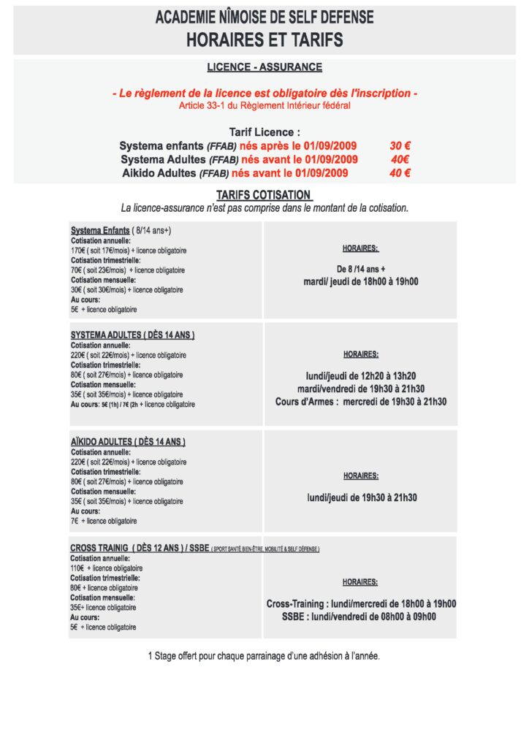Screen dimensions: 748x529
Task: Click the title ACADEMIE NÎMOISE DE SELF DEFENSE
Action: (264, 18)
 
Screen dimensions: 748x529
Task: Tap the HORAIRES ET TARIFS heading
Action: (264, 39)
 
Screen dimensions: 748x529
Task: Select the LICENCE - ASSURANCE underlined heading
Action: (264, 67)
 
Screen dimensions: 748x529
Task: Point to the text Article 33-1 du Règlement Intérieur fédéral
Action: (264, 105)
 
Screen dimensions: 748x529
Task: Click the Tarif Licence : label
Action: (264, 131)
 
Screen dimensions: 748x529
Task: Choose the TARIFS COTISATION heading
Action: (264, 195)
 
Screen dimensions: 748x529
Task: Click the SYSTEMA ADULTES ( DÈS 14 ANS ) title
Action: (132, 335)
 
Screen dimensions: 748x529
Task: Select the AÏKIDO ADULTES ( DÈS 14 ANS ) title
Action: (128, 442)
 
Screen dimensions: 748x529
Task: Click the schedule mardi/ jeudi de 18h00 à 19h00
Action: (361, 281)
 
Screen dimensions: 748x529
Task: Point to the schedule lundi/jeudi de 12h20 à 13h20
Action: (361, 375)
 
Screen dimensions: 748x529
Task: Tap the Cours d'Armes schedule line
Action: (361, 402)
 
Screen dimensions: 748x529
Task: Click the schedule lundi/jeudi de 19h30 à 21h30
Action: (361, 497)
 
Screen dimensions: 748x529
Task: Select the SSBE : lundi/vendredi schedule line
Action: (359, 617)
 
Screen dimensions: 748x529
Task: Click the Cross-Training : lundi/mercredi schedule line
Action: (361, 604)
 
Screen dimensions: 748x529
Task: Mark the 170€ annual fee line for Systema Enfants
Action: (129, 251)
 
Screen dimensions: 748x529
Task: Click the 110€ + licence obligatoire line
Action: (107, 568)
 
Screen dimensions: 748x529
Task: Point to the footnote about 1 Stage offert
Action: (264, 656)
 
